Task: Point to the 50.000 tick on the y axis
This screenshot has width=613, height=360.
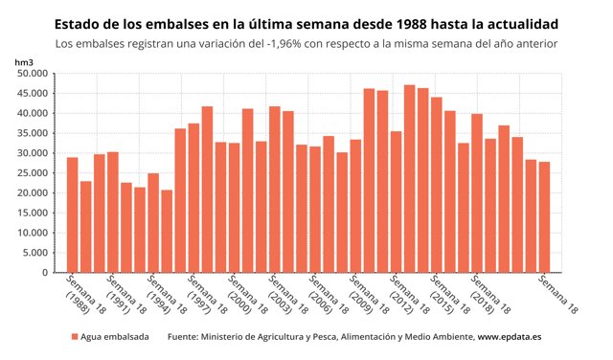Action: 33,73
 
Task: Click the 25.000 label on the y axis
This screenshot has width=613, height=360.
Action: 33,173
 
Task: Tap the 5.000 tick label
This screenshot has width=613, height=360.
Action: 35,253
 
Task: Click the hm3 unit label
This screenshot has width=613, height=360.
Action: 24,61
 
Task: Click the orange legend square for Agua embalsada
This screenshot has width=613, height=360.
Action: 74,338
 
